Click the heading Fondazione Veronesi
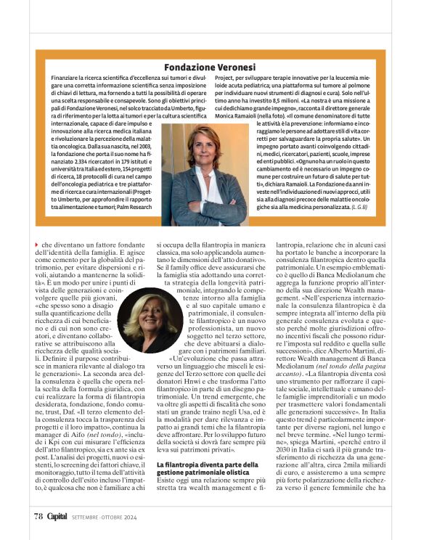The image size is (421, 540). pyautogui.click(x=210, y=67)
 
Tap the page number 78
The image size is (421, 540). pyautogui.click(x=38, y=516)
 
